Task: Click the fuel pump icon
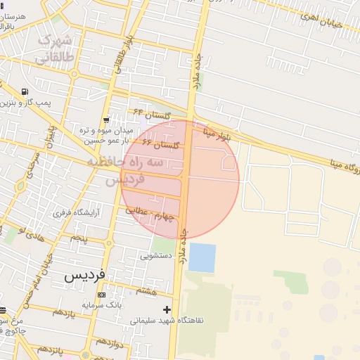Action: (x=26, y=92)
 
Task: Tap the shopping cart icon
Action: (x=106, y=120)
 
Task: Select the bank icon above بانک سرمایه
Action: (x=101, y=295)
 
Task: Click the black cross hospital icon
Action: (x=167, y=309)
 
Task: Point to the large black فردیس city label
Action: (x=84, y=276)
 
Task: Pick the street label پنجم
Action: (x=79, y=238)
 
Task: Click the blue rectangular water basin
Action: (x=202, y=257)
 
